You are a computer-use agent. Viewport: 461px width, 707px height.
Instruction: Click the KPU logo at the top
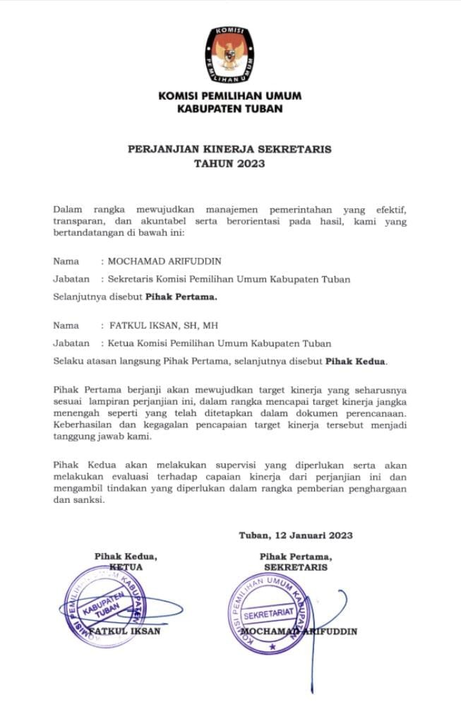(230, 53)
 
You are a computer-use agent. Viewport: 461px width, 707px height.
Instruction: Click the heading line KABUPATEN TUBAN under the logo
(230, 109)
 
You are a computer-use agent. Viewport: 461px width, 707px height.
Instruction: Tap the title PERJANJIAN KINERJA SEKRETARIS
(229, 150)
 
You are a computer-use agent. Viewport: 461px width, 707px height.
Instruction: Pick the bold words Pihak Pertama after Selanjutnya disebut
(181, 297)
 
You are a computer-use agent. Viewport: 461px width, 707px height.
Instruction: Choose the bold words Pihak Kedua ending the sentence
(355, 362)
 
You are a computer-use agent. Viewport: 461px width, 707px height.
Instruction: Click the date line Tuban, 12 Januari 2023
(296, 535)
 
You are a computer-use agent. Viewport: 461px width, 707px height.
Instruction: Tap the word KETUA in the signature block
(127, 566)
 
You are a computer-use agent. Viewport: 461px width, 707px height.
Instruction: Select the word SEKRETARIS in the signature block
(296, 567)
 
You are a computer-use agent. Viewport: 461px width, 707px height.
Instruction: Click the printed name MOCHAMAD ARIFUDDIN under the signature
(299, 631)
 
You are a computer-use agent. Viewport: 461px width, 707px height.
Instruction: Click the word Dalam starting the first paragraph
(68, 210)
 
